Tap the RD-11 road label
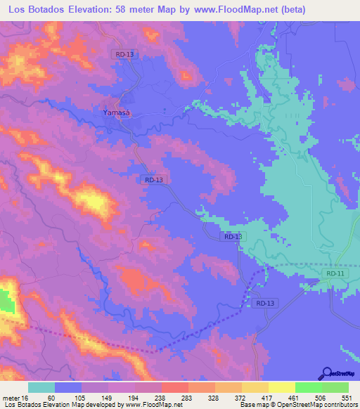335,273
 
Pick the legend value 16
26,397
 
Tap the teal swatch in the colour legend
41,387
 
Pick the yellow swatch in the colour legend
282,387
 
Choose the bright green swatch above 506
309,387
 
